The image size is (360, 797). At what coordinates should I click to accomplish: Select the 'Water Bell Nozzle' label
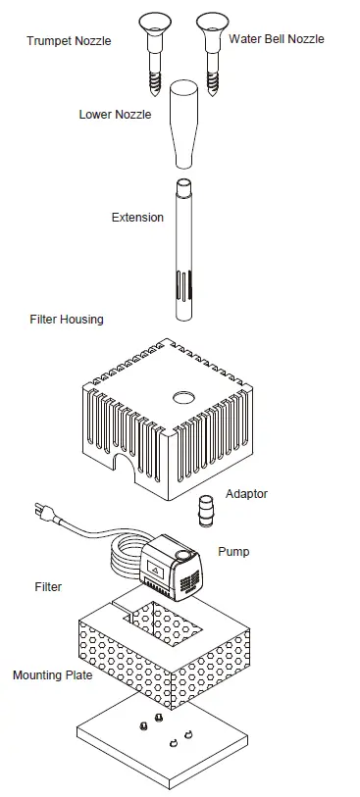[276, 39]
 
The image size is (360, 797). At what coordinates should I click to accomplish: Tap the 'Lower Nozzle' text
[115, 115]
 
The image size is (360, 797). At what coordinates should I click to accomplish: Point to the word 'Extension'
[137, 217]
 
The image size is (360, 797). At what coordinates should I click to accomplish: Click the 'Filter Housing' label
[67, 320]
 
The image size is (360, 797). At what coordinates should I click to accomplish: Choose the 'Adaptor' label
[246, 494]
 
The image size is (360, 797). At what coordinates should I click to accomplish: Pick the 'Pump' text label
[233, 552]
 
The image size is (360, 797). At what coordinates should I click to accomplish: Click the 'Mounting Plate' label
[53, 675]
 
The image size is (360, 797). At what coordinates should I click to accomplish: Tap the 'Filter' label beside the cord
[48, 587]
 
